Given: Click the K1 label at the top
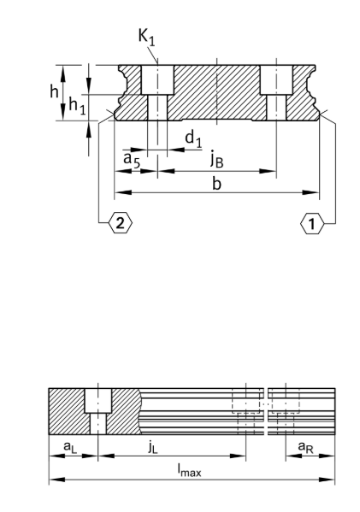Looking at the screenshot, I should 147,37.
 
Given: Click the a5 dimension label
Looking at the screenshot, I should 130,158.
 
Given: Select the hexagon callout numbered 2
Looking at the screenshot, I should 119,223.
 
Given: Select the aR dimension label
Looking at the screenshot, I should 303,446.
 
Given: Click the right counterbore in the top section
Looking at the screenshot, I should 275,80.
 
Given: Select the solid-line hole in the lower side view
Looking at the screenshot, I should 98,411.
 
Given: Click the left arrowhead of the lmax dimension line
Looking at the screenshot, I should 53,480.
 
